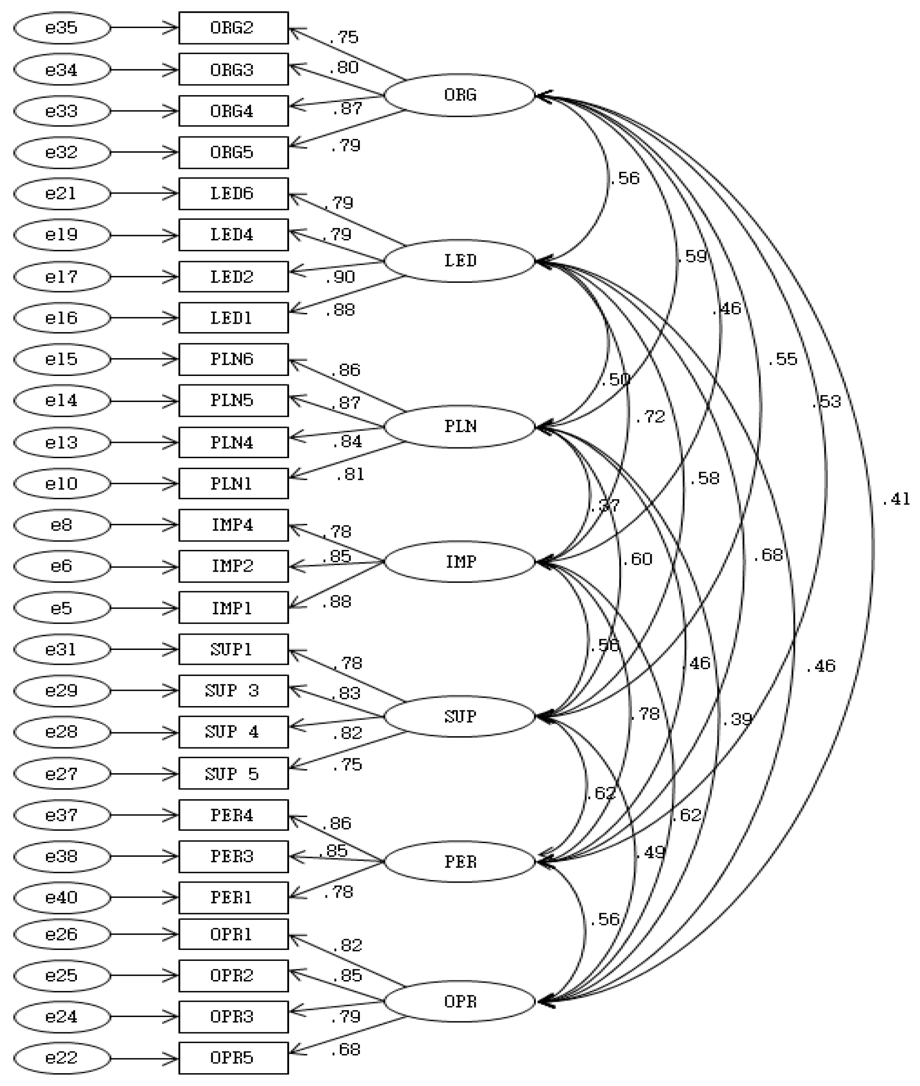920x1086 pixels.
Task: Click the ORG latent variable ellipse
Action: [x=460, y=95]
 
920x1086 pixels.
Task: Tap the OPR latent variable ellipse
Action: [x=460, y=1001]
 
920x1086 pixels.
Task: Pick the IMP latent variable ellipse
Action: [x=460, y=562]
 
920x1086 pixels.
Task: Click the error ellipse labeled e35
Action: [x=62, y=28]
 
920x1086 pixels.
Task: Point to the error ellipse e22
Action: [x=62, y=1058]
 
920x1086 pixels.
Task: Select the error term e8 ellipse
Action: [x=62, y=525]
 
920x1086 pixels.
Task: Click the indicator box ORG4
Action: [x=233, y=111]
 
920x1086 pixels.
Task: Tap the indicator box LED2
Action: [x=233, y=276]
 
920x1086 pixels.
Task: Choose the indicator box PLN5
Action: [x=233, y=400]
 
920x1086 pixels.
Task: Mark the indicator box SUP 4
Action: [x=233, y=732]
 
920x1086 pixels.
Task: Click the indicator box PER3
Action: [x=233, y=856]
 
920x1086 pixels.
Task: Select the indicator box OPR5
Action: [x=233, y=1058]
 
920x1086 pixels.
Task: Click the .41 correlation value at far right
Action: [x=895, y=500]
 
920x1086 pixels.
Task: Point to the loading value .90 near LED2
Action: [x=339, y=277]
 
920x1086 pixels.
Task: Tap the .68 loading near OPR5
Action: [x=346, y=1050]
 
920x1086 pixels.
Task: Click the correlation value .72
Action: [x=651, y=416]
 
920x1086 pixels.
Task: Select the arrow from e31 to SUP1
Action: [x=144, y=649]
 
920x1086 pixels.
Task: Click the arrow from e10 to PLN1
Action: [x=144, y=484]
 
